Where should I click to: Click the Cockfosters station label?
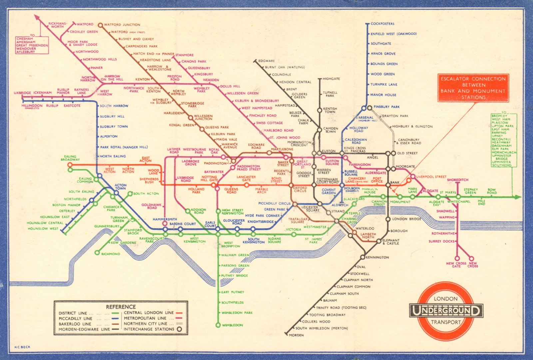pyautogui.click(x=382, y=24)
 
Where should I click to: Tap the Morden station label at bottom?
pyautogui.click(x=296, y=335)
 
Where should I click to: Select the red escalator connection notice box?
pyautogui.click(x=473, y=88)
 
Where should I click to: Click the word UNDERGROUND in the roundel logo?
pyautogui.click(x=446, y=311)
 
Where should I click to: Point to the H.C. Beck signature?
pyautogui.click(x=22, y=347)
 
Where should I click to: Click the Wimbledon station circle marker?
pyautogui.click(x=218, y=325)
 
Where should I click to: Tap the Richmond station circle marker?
pyautogui.click(x=97, y=253)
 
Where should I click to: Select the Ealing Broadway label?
pyautogui.click(x=70, y=158)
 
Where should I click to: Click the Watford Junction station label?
pyautogui.click(x=122, y=25)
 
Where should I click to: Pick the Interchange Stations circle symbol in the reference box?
pyautogui.click(x=179, y=329)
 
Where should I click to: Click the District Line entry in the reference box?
pyautogui.click(x=73, y=313)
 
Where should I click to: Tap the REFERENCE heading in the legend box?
pyautogui.click(x=121, y=307)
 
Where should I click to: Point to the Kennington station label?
pyautogui.click(x=377, y=257)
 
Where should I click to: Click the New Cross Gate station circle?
pyautogui.click(x=457, y=258)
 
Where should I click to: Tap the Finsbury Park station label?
pyautogui.click(x=386, y=107)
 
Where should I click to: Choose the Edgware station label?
pyautogui.click(x=266, y=61)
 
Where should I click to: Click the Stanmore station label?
pyautogui.click(x=184, y=55)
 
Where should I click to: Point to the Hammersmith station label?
pyautogui.click(x=165, y=219)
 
